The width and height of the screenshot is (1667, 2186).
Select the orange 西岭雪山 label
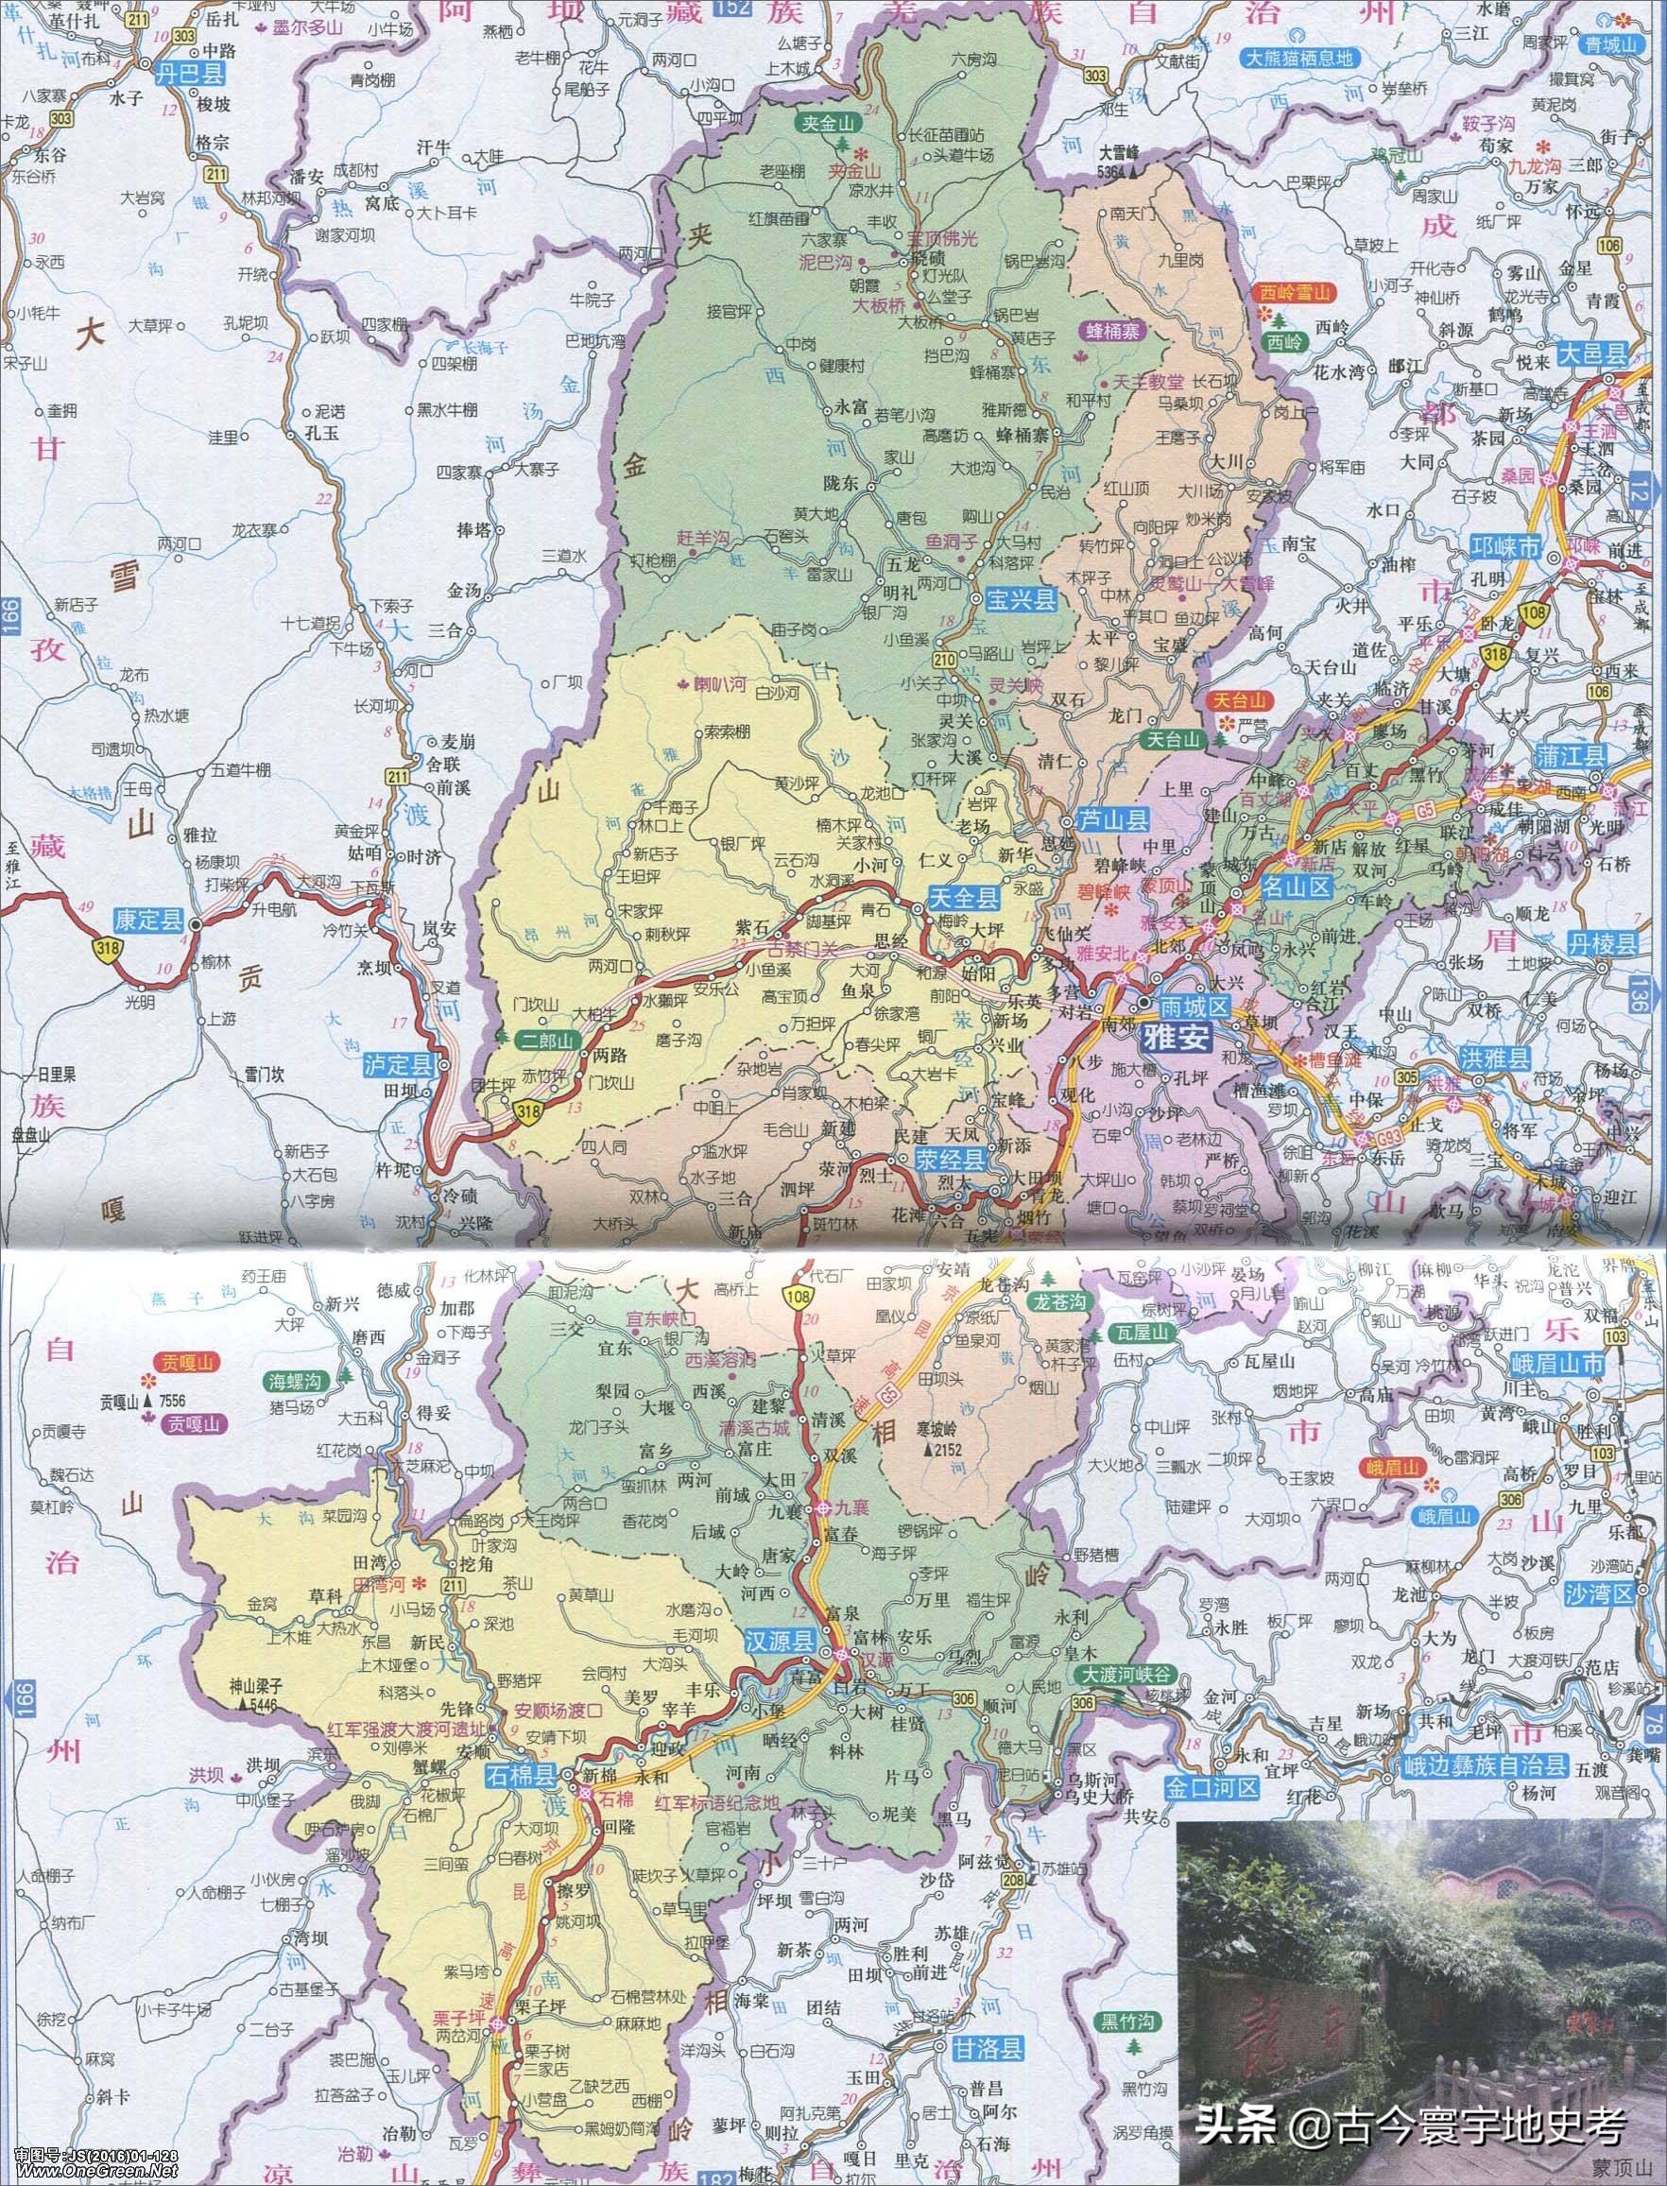[x=1293, y=293]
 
